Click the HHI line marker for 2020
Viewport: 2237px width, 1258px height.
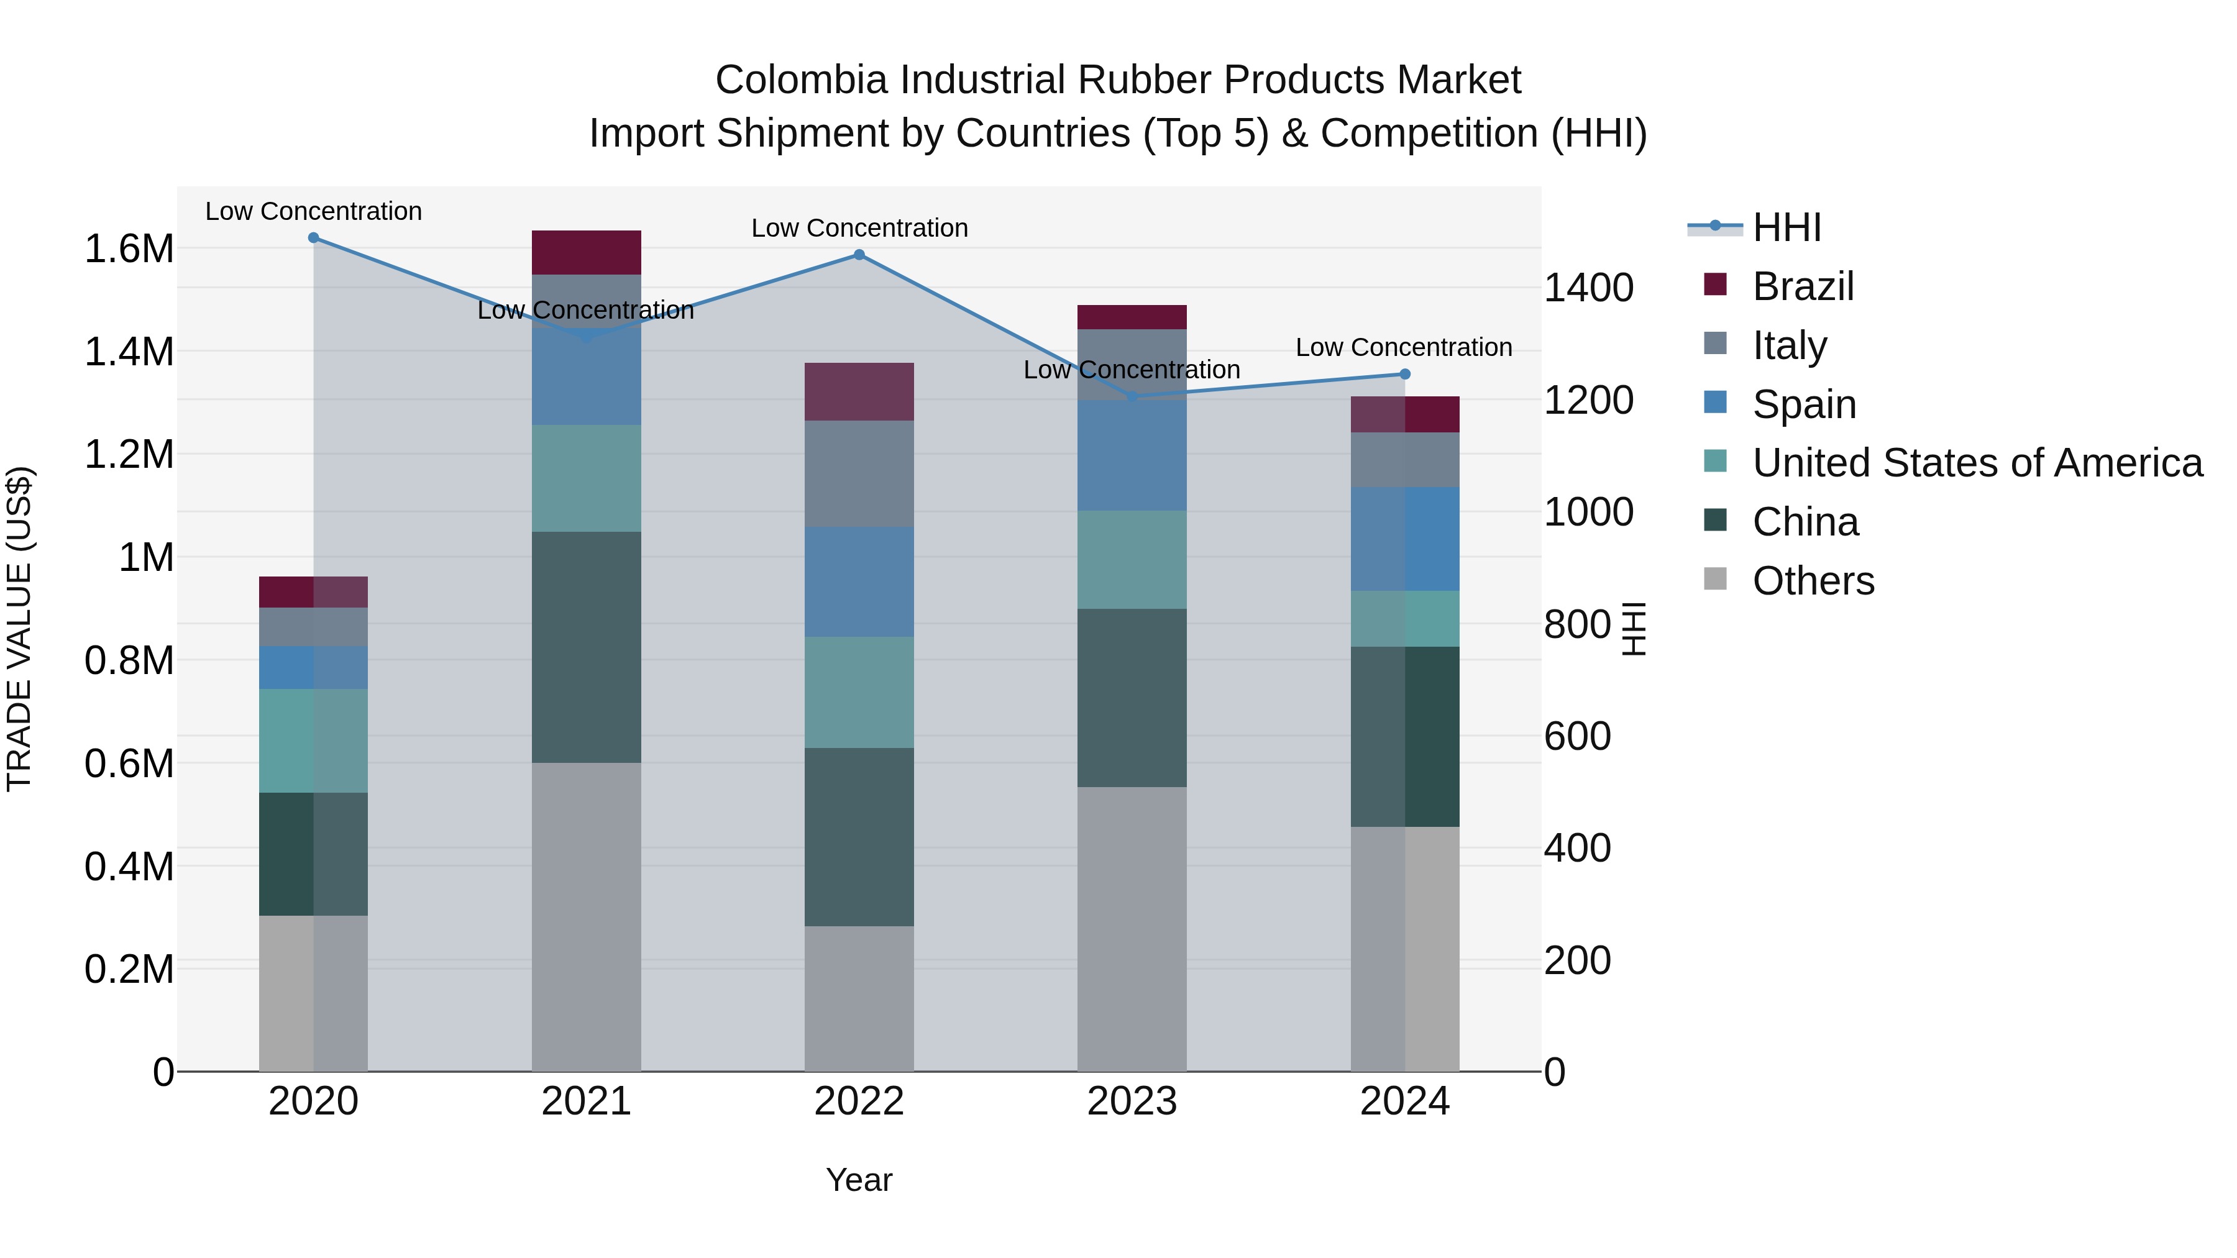(x=314, y=238)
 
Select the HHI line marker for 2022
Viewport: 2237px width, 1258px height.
(x=859, y=254)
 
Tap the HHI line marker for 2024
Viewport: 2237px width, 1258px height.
(x=1404, y=374)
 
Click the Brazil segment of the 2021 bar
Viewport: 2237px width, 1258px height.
(x=586, y=253)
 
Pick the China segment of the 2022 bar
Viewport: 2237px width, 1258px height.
(x=859, y=837)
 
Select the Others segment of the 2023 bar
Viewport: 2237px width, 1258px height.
(x=1132, y=929)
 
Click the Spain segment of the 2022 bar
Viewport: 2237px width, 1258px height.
(x=859, y=581)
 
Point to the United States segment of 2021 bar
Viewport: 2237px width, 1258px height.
(x=586, y=478)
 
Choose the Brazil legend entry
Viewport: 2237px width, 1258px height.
(x=1802, y=286)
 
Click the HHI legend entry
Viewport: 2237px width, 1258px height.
(x=1785, y=227)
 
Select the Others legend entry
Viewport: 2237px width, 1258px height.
(x=1813, y=581)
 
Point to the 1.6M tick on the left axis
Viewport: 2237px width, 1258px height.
(x=129, y=249)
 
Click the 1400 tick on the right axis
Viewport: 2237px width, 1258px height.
(x=1588, y=288)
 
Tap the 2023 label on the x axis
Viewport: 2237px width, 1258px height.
(x=1132, y=1101)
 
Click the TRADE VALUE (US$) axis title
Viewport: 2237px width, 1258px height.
(x=19, y=629)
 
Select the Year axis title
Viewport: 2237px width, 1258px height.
(x=859, y=1180)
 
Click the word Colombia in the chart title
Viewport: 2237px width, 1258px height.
(x=801, y=80)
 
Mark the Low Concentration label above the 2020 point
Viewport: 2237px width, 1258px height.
(x=314, y=211)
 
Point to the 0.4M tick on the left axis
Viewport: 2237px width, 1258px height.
(x=129, y=867)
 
